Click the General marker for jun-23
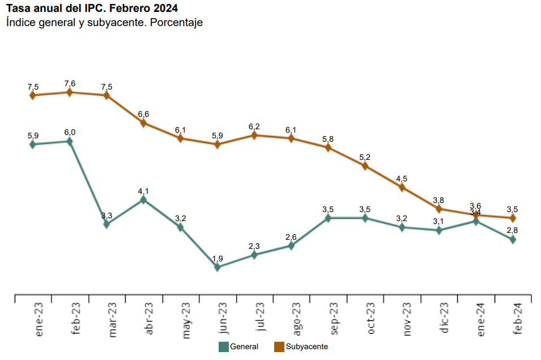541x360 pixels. [218, 267]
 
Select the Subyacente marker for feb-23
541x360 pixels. [70, 92]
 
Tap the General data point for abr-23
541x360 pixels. [144, 200]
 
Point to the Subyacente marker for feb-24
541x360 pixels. [513, 218]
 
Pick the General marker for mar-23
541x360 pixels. [107, 224]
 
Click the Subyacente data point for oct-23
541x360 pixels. [365, 166]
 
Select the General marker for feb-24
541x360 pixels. [513, 240]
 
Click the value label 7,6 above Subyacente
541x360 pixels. [70, 84]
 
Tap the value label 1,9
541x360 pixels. [218, 259]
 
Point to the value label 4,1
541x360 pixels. [144, 191]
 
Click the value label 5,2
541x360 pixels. [365, 157]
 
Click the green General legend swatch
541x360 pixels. [223, 346]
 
